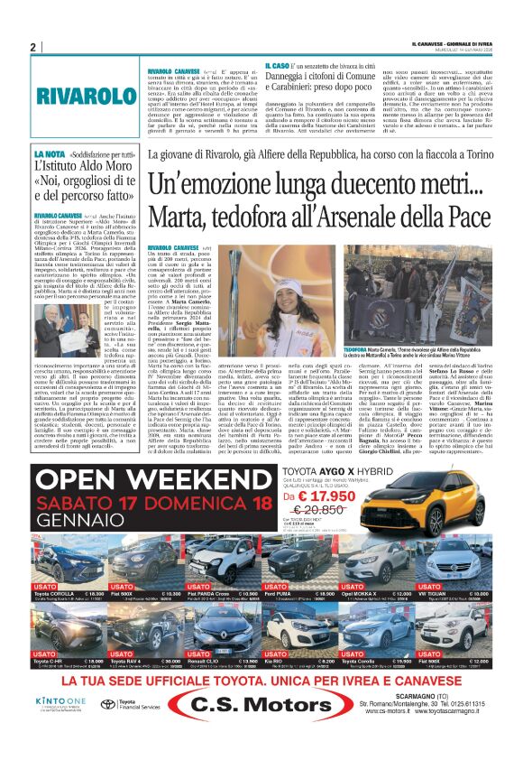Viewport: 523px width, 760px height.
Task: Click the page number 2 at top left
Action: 32,48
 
